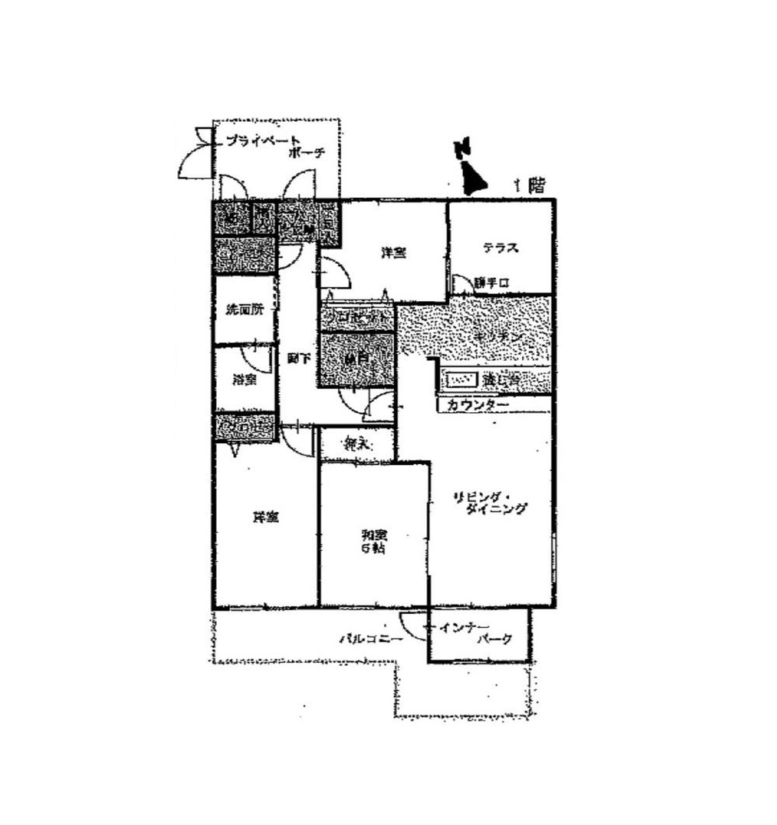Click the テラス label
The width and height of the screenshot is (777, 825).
[x=500, y=249]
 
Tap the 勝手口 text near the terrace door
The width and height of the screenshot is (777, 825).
[x=493, y=283]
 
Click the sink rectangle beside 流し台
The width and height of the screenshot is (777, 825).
[x=462, y=381]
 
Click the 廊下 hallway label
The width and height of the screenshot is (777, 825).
[x=297, y=359]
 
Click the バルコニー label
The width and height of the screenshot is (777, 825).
[x=370, y=640]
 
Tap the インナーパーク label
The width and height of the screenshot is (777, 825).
[x=479, y=633]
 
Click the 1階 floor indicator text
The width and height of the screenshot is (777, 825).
[x=529, y=185]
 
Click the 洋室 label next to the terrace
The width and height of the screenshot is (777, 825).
[x=393, y=253]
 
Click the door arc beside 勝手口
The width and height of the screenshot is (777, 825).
[x=462, y=284]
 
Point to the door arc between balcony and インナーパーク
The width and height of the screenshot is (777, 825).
[x=412, y=626]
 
